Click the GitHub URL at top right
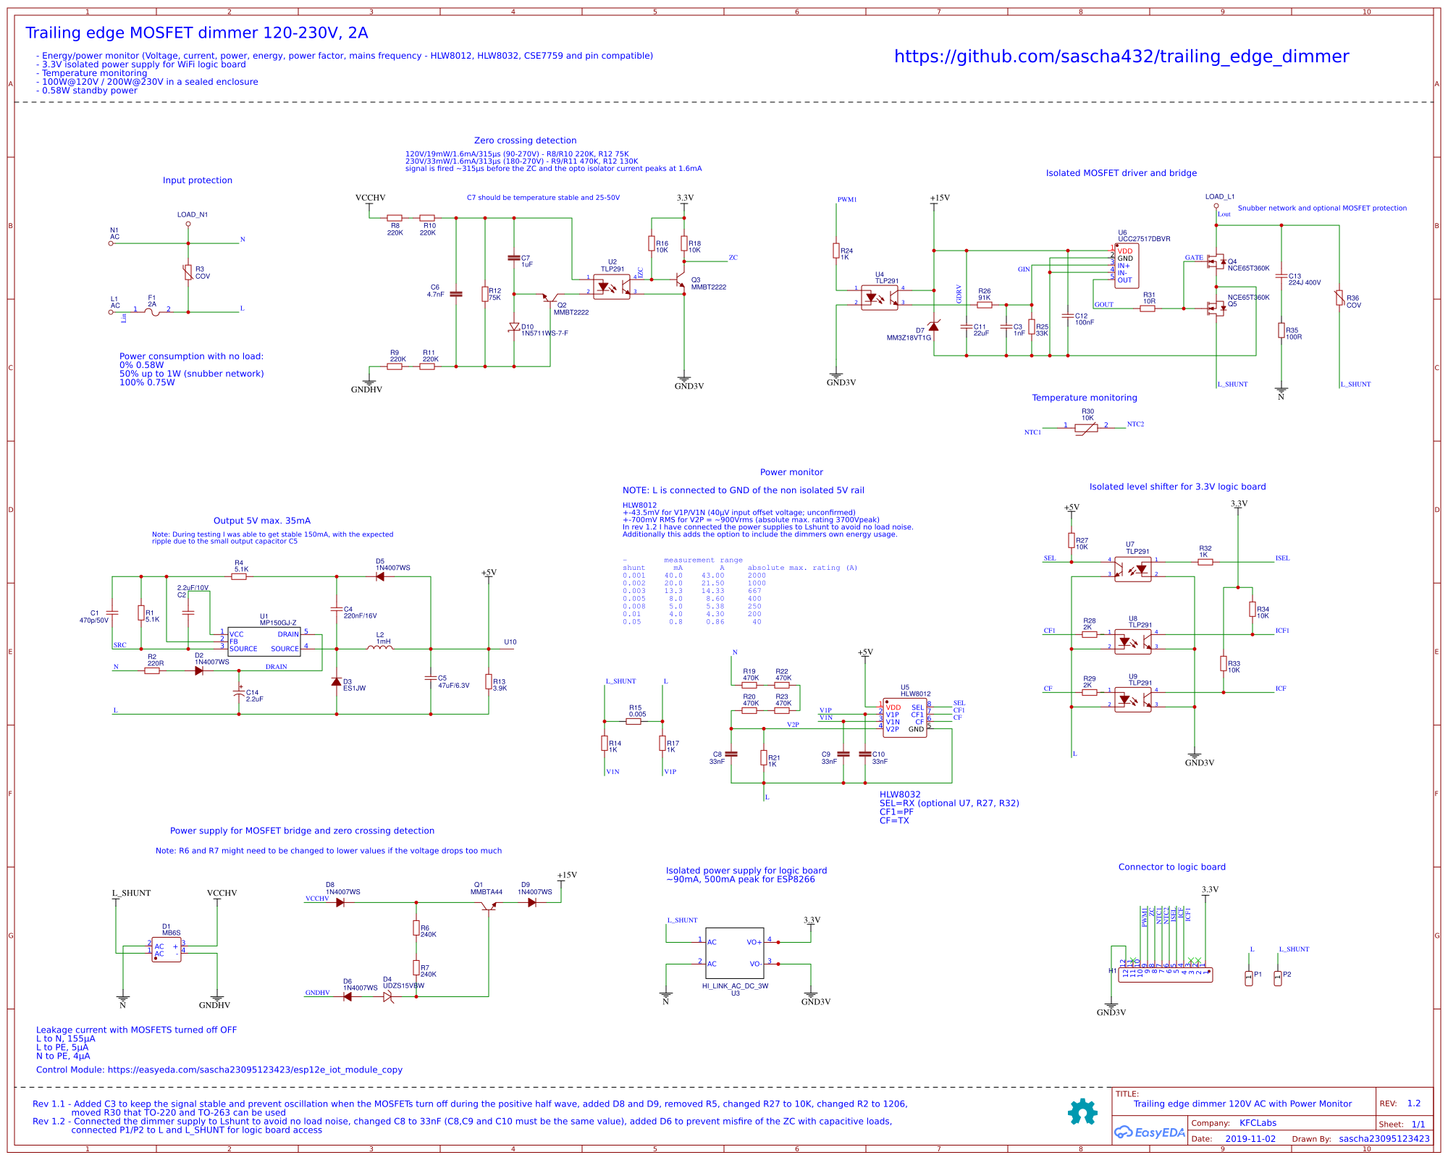point(1121,56)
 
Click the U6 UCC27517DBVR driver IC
point(1126,266)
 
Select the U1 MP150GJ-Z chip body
point(264,642)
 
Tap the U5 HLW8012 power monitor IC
point(904,718)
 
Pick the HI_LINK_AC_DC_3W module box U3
point(734,953)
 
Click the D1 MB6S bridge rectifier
point(167,949)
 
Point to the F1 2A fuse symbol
point(152,312)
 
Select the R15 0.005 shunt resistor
point(633,721)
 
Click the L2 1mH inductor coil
point(380,648)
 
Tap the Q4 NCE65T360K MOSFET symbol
point(1216,261)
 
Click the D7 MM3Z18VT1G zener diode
point(933,327)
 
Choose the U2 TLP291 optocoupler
point(612,287)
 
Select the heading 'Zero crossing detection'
point(525,140)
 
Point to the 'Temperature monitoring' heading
point(1084,398)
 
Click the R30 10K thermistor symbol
point(1086,428)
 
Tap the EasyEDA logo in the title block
point(1149,1132)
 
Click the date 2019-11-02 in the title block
point(1250,1138)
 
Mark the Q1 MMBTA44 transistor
point(489,906)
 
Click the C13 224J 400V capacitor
point(1281,276)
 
